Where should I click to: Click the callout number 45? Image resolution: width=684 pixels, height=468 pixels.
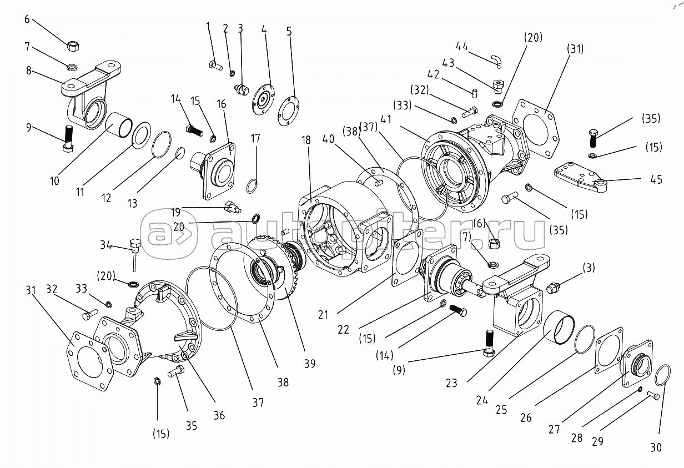(656, 180)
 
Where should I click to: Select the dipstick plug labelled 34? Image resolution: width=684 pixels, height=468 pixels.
(134, 248)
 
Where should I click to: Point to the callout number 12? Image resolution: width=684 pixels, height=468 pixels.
(107, 197)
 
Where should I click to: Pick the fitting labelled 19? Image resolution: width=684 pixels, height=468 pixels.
(231, 209)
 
